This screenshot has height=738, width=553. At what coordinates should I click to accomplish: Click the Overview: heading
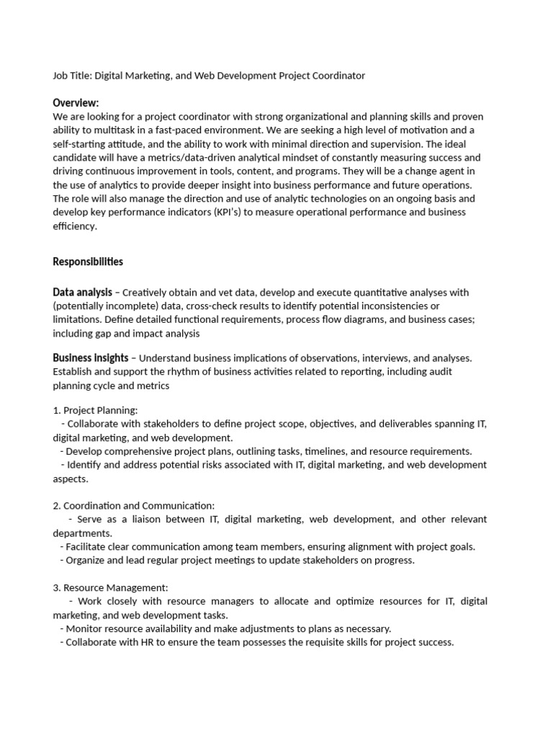point(76,103)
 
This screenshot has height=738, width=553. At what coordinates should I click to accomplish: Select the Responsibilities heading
point(88,262)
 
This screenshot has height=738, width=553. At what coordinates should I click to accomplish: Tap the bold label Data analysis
point(82,293)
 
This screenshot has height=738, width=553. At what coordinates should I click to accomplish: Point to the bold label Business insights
point(91,357)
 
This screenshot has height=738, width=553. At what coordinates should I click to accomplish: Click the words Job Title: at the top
point(72,76)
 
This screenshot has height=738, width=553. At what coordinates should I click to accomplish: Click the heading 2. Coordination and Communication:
point(134,506)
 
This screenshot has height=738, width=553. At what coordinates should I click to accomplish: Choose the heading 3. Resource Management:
point(110,588)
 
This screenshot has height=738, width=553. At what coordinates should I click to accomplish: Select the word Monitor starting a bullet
point(85,628)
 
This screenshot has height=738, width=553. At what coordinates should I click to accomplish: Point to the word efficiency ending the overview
point(74,226)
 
